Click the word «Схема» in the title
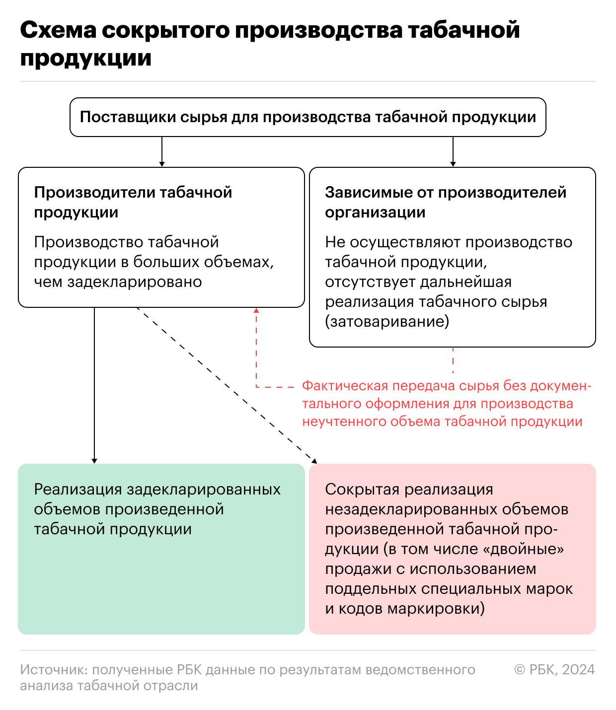click(x=58, y=31)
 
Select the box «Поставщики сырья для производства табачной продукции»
click(x=308, y=117)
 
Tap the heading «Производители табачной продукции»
click(x=133, y=202)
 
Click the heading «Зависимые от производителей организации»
click(x=445, y=202)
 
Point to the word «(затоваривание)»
click(x=387, y=322)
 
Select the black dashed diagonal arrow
click(x=226, y=385)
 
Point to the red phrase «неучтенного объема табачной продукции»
click(x=442, y=422)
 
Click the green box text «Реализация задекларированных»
click(x=157, y=490)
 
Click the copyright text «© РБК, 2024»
click(x=554, y=670)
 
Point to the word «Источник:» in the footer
click(x=54, y=670)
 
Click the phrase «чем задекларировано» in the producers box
click(x=118, y=282)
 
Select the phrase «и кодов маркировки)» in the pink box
click(x=405, y=609)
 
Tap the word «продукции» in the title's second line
click(x=86, y=59)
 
